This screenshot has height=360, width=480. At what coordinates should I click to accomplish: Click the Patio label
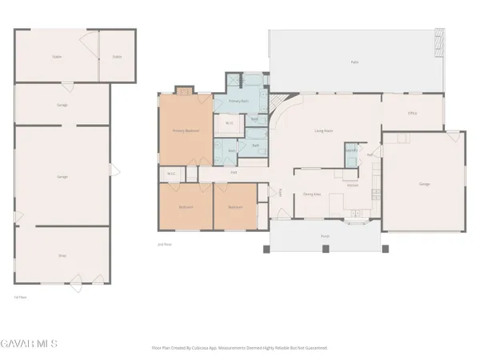pyautogui.click(x=354, y=62)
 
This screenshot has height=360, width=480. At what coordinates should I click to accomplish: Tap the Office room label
pyautogui.click(x=413, y=113)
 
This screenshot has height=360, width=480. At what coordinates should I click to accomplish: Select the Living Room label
pyautogui.click(x=323, y=130)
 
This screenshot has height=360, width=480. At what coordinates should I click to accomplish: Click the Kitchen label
pyautogui.click(x=353, y=185)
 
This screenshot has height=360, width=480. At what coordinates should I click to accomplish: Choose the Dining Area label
pyautogui.click(x=312, y=193)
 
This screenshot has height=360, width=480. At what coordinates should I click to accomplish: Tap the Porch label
pyautogui.click(x=325, y=236)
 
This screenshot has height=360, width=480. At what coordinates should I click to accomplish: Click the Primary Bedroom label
pyautogui.click(x=186, y=130)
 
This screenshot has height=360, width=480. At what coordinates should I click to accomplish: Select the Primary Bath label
pyautogui.click(x=238, y=102)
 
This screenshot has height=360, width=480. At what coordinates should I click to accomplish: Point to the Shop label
pyautogui.click(x=62, y=255)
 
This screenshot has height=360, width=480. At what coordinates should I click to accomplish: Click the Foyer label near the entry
pyautogui.click(x=281, y=192)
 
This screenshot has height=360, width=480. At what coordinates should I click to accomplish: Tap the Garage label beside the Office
pyautogui.click(x=424, y=185)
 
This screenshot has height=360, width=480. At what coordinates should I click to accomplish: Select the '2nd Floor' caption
pyautogui.click(x=166, y=244)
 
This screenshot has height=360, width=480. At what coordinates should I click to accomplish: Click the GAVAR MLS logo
pyautogui.click(x=29, y=344)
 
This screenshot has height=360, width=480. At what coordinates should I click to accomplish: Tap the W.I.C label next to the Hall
pyautogui.click(x=171, y=174)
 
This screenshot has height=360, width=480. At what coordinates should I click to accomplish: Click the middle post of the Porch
pyautogui.click(x=325, y=250)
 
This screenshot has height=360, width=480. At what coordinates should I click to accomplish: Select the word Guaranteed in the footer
pyautogui.click(x=314, y=348)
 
